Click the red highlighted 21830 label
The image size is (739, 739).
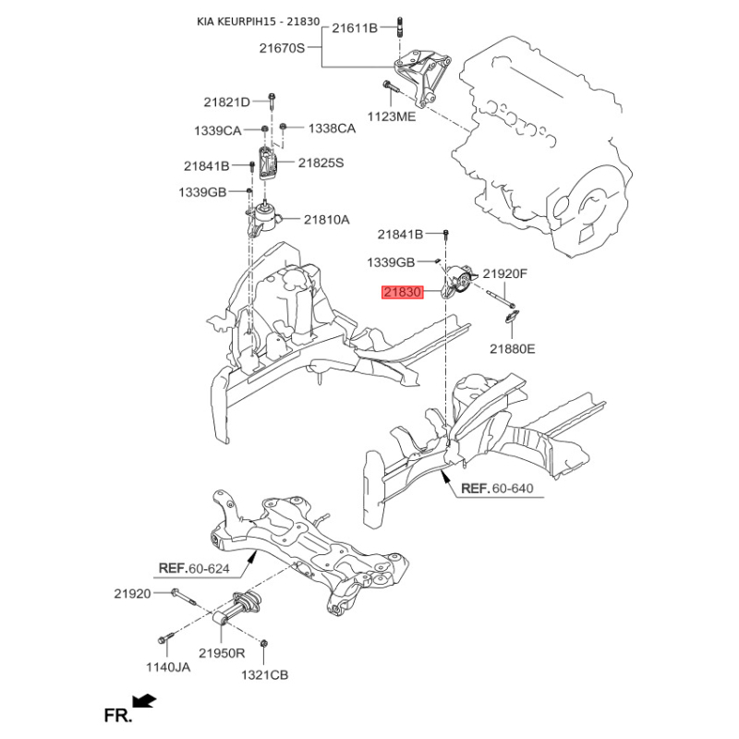pyautogui.click(x=403, y=292)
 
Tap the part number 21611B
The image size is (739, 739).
pyautogui.click(x=355, y=29)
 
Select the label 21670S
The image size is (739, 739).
pyautogui.click(x=282, y=48)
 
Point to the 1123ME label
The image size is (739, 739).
pyautogui.click(x=392, y=116)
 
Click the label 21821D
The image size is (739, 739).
pyautogui.click(x=226, y=102)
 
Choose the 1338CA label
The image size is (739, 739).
pyautogui.click(x=332, y=128)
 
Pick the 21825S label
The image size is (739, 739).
pyautogui.click(x=321, y=164)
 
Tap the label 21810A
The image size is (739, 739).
pyautogui.click(x=327, y=220)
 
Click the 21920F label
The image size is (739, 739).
pyautogui.click(x=505, y=273)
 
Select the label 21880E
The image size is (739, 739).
pyautogui.click(x=513, y=349)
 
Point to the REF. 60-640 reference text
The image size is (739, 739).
pyautogui.click(x=497, y=489)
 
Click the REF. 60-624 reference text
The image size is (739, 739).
pyautogui.click(x=194, y=568)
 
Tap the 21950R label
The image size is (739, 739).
pyautogui.click(x=222, y=653)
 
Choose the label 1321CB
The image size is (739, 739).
pyautogui.click(x=264, y=675)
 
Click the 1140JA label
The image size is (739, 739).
pyautogui.click(x=168, y=667)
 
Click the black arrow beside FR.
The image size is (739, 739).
pyautogui.click(x=144, y=701)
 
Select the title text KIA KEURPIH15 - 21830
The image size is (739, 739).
pyautogui.click(x=259, y=21)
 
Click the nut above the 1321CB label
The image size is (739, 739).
pyautogui.click(x=264, y=643)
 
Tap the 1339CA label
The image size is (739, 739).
pyautogui.click(x=218, y=130)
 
